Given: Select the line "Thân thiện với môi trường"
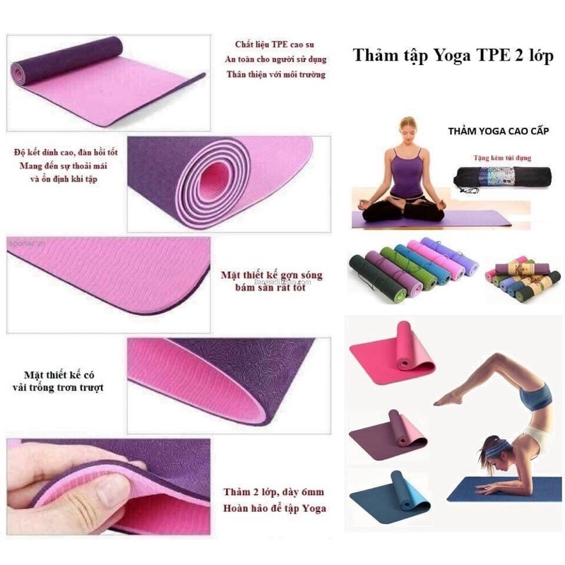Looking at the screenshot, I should coord(275,74).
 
